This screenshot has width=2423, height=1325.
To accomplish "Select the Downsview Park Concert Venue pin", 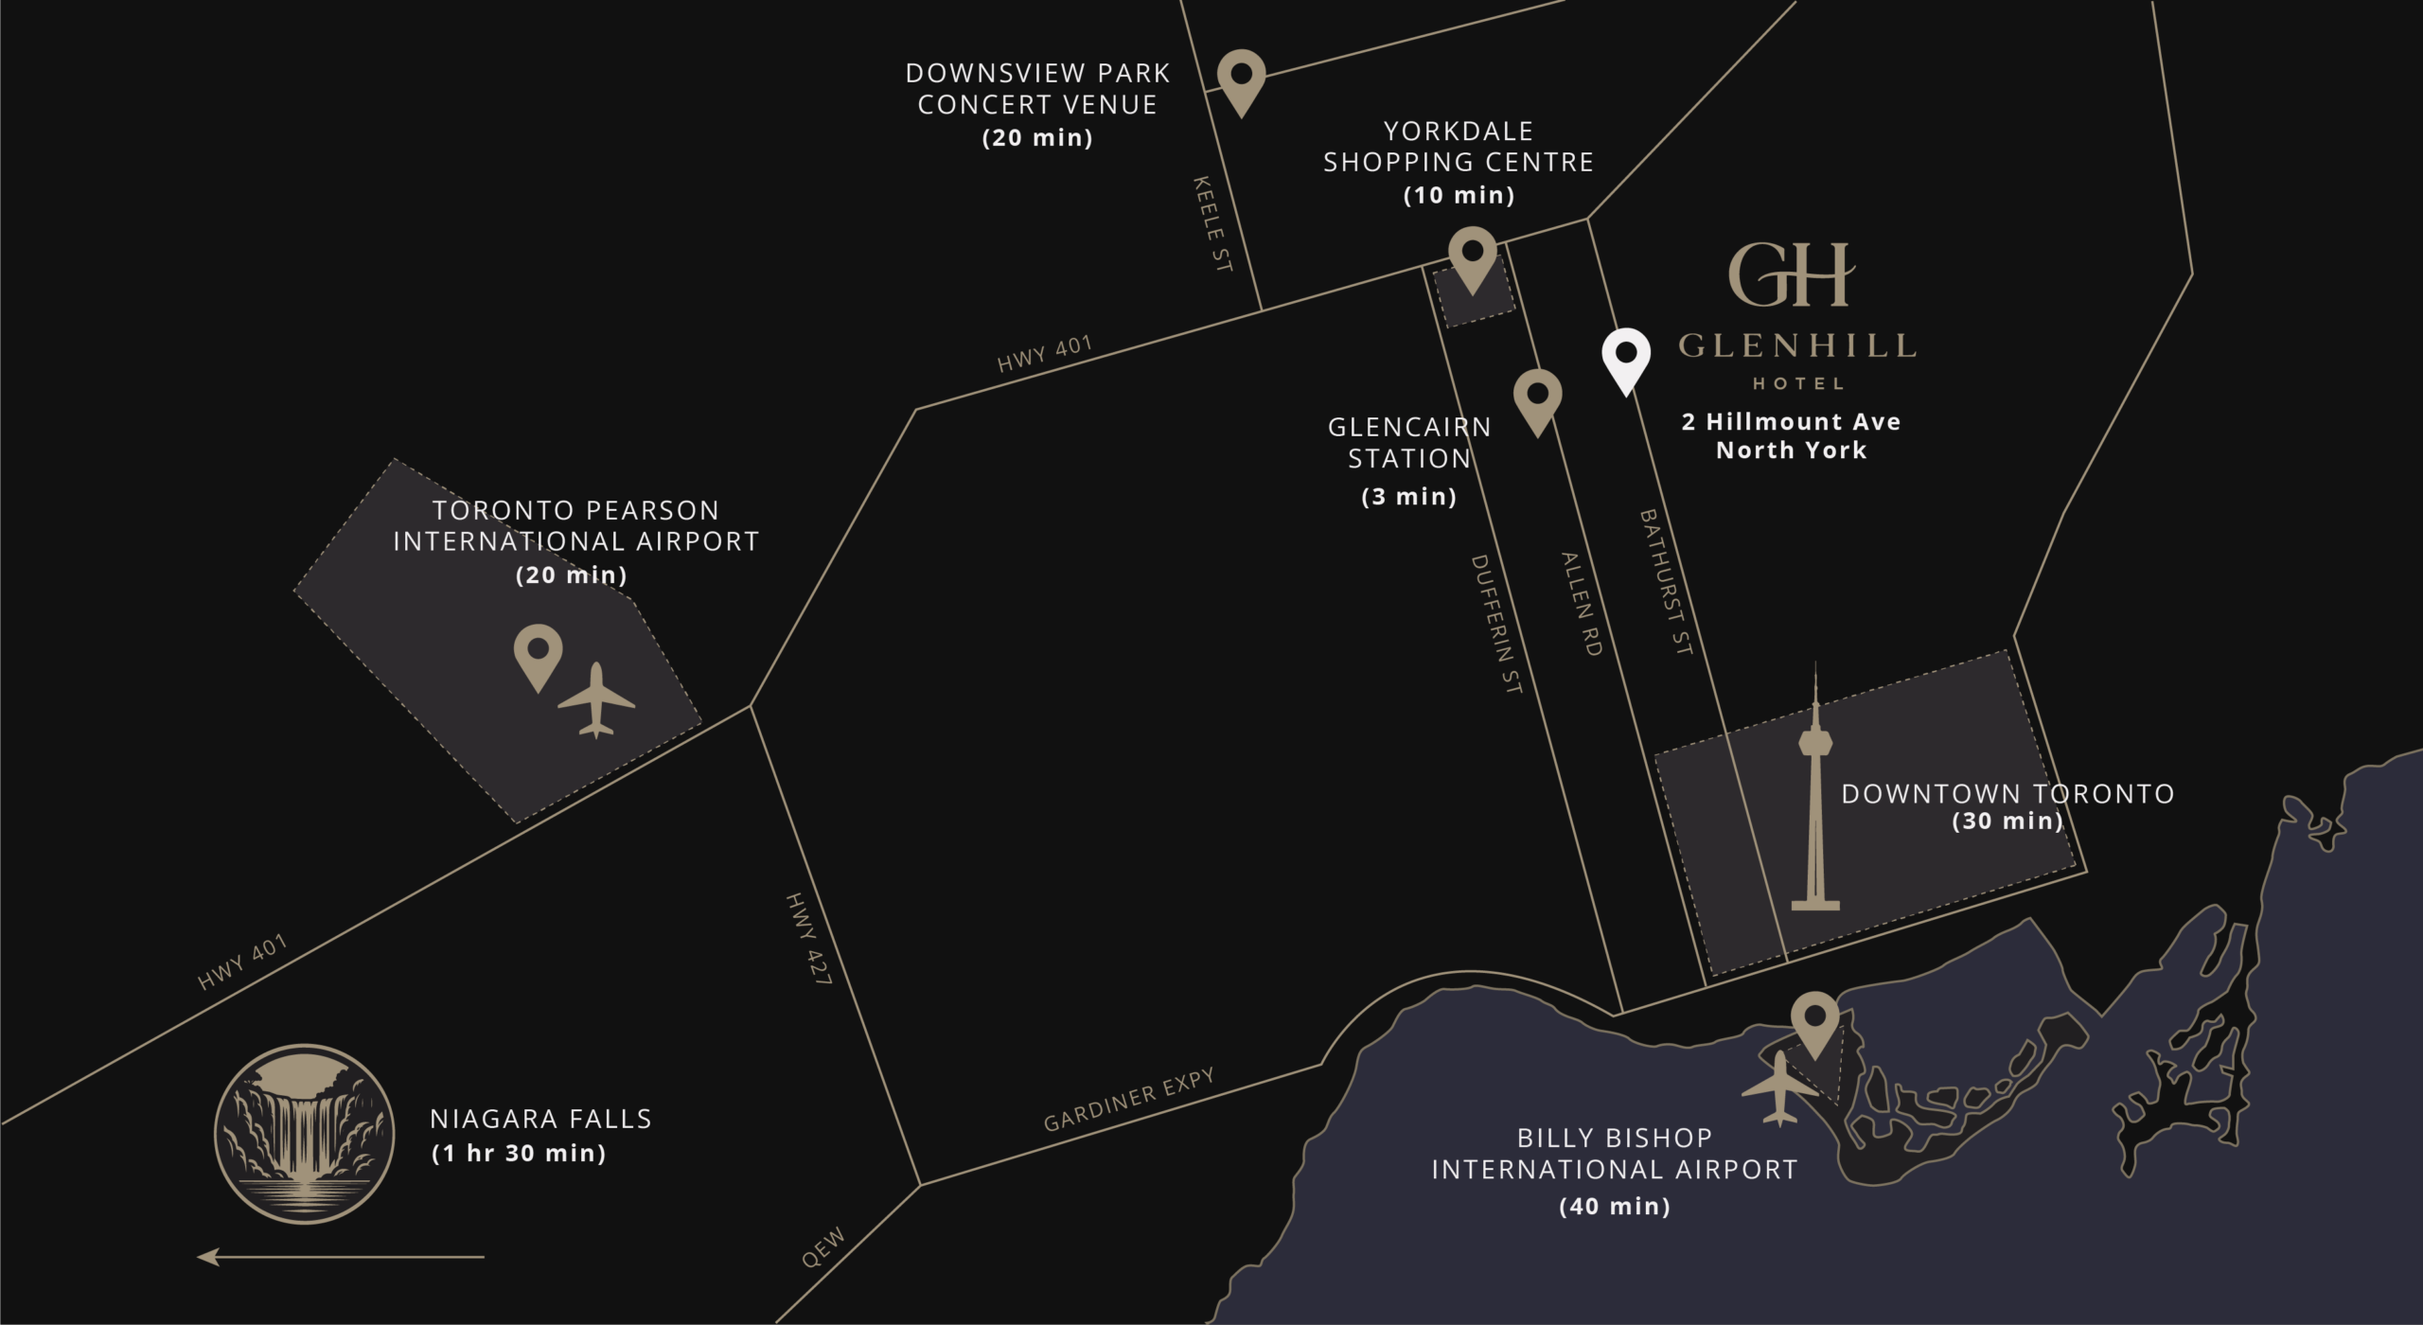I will pos(1241,79).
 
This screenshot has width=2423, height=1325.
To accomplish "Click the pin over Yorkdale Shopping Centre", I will pos(1472,256).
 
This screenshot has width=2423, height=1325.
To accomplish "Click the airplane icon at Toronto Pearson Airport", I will pos(596,700).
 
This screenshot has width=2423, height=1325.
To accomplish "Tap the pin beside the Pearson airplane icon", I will pos(538,654).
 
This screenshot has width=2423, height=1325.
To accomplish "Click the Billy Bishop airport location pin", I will pos(1814,1022).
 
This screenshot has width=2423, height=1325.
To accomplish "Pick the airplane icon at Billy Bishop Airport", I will pos(1779,1088).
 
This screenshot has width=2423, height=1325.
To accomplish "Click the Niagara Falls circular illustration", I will pos(304,1133).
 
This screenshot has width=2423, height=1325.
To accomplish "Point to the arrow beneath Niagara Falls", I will pos(341,1257).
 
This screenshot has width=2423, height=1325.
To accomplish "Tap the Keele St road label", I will pos(1211,224).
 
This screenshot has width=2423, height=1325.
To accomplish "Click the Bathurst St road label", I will pos(1665,582).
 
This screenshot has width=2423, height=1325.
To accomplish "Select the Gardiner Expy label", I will pos(1128,1101).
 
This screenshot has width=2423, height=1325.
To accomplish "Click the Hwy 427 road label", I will pos(808,939).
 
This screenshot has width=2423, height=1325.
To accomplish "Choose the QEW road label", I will pos(822,1247).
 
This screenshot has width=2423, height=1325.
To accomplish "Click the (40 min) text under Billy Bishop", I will pos(1614,1206).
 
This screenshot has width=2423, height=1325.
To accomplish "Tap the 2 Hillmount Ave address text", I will pos(1791,422).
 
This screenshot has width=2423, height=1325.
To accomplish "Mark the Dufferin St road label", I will pos(1495,624).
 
